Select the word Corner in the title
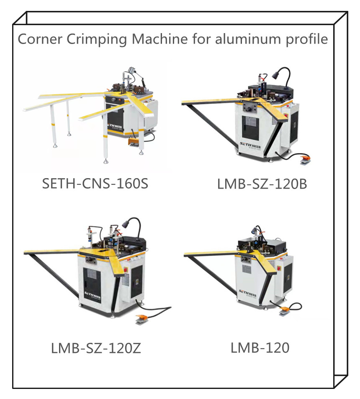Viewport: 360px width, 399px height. point(38,40)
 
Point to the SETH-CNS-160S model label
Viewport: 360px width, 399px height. point(95,184)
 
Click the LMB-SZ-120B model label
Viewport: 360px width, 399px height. point(262,184)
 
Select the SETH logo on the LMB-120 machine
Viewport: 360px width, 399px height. point(247,291)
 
